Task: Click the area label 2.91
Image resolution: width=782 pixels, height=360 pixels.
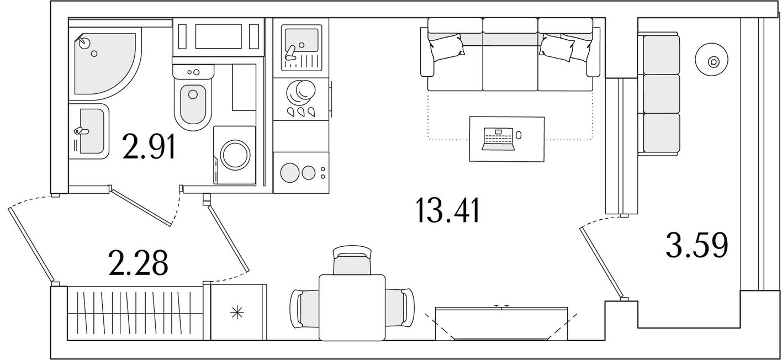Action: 149,147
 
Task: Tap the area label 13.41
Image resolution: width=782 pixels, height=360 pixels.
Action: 448,210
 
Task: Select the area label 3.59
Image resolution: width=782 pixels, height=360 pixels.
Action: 697,246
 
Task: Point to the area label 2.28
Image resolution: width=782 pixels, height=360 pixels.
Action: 138,262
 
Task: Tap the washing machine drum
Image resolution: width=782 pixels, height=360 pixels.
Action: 235,155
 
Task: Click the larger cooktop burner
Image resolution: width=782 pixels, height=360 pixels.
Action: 290,172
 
